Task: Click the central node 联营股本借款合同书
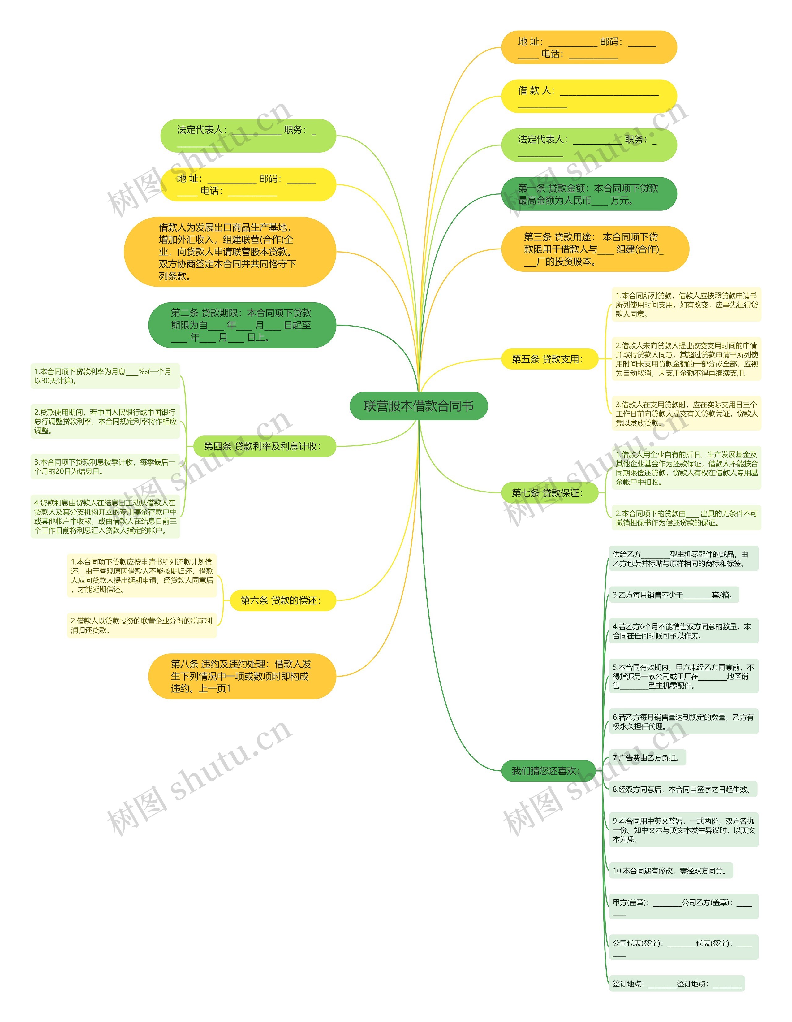(x=419, y=406)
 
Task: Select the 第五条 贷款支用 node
(x=550, y=359)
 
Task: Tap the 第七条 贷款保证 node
(x=550, y=493)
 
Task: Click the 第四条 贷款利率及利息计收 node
(x=265, y=446)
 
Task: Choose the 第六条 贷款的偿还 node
(x=283, y=600)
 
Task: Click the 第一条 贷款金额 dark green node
(x=589, y=194)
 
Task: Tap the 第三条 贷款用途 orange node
(x=595, y=249)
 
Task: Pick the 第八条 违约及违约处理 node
(x=242, y=676)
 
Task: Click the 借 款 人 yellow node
(x=589, y=96)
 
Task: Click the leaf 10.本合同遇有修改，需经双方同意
(x=671, y=871)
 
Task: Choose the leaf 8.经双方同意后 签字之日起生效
(x=683, y=790)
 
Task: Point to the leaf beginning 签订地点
(x=677, y=984)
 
